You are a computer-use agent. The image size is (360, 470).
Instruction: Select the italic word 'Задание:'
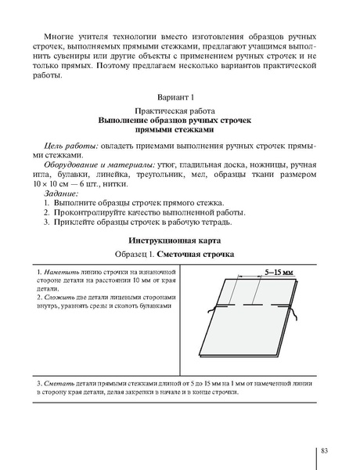[62, 195]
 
